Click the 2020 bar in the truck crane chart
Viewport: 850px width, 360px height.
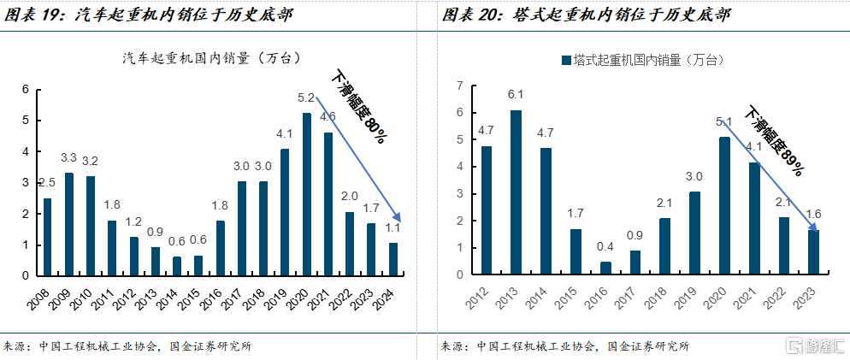point(306,195)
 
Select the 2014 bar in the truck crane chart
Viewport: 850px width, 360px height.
point(176,266)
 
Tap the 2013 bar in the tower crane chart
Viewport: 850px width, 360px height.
point(515,192)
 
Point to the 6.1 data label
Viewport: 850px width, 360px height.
point(515,95)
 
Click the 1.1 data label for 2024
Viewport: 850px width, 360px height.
point(393,227)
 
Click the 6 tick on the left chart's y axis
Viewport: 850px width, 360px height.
point(26,90)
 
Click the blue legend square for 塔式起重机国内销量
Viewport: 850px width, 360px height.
point(564,61)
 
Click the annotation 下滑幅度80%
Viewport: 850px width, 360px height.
point(358,106)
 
